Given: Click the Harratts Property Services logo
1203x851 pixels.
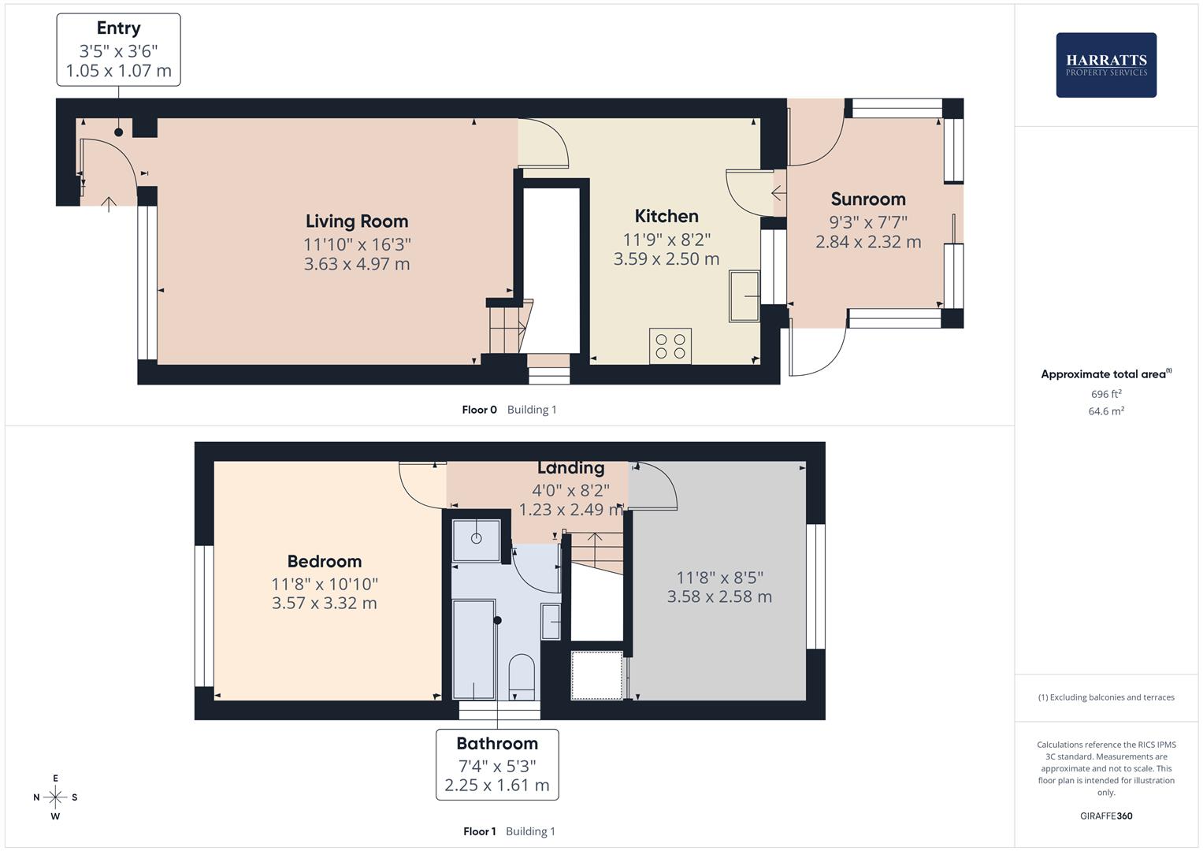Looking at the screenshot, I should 1105,65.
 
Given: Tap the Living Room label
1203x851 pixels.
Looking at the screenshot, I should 357,221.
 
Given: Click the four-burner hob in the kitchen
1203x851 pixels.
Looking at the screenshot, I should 670,346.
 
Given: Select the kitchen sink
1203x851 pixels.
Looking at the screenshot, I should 744,295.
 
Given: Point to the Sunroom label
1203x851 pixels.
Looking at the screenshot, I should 867,199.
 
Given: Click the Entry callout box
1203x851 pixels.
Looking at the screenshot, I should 118,50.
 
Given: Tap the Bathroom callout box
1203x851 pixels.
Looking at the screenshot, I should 497,764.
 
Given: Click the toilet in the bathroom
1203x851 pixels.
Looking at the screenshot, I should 522,676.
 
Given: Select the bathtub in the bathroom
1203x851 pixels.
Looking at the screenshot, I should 473,649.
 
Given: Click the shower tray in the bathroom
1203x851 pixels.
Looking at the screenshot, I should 477,541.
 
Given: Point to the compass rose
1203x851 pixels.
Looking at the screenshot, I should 55,797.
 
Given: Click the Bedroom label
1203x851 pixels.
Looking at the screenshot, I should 324,562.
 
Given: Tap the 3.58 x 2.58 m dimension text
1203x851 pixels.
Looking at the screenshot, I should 719,596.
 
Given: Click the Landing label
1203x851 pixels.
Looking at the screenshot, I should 570,468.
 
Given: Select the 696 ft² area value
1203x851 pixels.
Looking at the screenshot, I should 1106,394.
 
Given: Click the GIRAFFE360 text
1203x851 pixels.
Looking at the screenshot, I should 1106,816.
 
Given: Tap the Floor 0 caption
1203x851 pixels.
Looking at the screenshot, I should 479,410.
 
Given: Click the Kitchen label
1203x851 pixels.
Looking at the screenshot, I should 666,216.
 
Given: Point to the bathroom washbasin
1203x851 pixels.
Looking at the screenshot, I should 551,622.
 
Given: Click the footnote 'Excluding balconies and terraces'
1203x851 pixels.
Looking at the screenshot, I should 1106,697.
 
